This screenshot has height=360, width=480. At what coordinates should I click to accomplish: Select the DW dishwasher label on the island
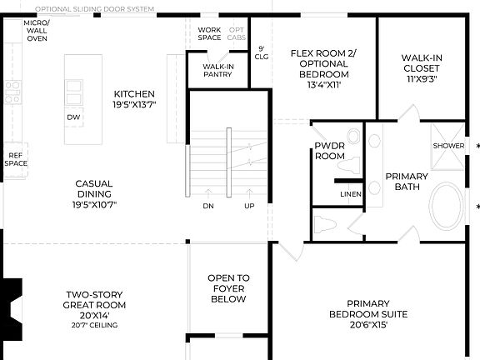[x=73, y=117]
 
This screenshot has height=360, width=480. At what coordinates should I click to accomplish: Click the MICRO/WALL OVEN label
[x=36, y=31]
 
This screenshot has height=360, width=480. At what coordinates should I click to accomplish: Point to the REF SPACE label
[x=16, y=159]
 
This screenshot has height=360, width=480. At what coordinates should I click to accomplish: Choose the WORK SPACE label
[x=209, y=34]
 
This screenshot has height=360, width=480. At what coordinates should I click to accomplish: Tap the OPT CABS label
[x=237, y=34]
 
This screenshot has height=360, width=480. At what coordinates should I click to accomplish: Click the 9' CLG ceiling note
[x=261, y=53]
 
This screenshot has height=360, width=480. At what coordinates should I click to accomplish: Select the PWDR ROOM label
[x=330, y=151]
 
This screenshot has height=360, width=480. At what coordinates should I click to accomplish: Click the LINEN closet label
[x=350, y=195]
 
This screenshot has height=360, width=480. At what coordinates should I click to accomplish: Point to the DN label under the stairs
[x=207, y=206]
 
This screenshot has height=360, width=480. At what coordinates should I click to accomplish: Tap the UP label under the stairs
[x=249, y=206]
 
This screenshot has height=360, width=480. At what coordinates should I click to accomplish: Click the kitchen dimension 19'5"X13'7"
[x=135, y=104]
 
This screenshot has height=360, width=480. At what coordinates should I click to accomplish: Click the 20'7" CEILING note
[x=94, y=324]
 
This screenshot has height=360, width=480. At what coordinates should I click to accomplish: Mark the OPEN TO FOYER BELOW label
[x=227, y=288]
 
